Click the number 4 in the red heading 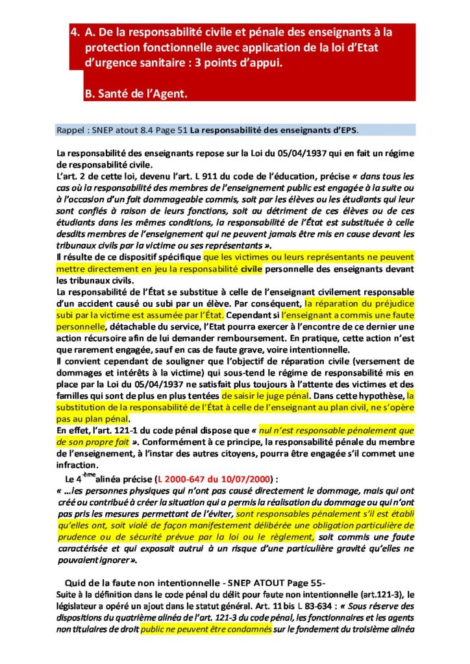[x=73, y=31]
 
